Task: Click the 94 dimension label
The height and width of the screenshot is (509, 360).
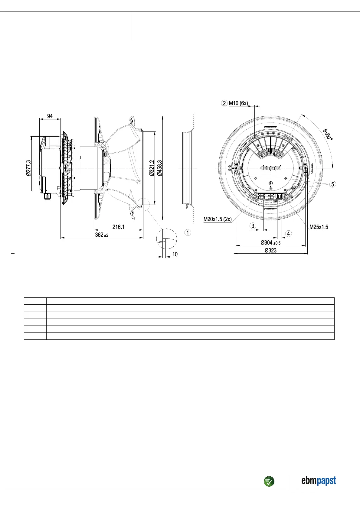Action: pos(50,116)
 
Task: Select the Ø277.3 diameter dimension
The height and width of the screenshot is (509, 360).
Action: pos(28,168)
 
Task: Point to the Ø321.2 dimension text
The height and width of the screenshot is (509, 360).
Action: pos(152,168)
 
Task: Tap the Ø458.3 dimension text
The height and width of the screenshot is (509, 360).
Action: pos(159,168)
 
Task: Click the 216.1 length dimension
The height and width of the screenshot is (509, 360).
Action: pos(118,227)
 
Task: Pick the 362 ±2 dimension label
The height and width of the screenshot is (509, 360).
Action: pos(102,235)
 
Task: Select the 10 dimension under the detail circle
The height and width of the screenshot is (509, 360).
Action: pos(175,254)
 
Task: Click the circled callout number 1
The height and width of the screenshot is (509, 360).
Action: pos(188,232)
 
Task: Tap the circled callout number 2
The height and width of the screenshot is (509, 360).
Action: pos(224,103)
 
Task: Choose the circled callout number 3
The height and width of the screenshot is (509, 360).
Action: pos(253,226)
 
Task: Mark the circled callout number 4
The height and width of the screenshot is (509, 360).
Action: pos(288,233)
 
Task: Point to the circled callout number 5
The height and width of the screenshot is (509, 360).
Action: pos(332,184)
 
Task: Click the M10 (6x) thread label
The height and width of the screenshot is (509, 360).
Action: pos(238,103)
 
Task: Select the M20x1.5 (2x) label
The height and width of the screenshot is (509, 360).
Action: pos(218,219)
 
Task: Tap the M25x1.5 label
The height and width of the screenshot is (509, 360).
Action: pos(319,227)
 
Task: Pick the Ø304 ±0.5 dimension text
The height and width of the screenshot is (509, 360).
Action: pos(270,242)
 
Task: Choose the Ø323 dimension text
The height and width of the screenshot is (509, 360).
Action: pos(270,250)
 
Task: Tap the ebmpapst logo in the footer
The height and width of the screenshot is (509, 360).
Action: pos(319,481)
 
